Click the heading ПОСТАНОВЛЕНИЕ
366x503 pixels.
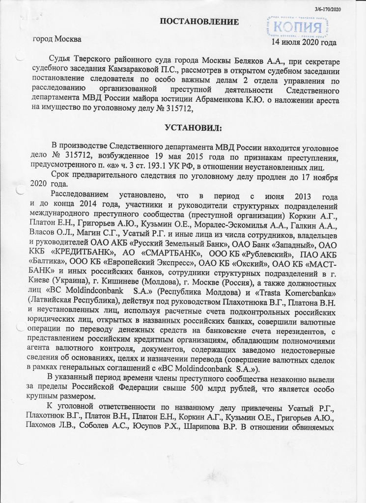(x=199, y=22)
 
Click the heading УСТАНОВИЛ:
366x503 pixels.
(x=193, y=128)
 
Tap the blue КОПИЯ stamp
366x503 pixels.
(x=300, y=25)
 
